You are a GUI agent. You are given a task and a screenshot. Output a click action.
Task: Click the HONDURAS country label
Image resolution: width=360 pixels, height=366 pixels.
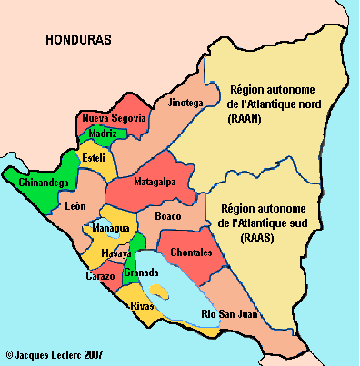click(78, 41)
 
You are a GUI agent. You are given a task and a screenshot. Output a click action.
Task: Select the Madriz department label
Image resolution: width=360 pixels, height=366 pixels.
click(103, 134)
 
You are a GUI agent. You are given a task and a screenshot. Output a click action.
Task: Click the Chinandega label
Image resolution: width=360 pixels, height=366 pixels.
click(41, 183)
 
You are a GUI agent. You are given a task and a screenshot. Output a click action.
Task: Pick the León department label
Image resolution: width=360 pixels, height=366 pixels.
click(76, 207)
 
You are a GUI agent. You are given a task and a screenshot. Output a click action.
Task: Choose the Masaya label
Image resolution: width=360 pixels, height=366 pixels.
click(115, 252)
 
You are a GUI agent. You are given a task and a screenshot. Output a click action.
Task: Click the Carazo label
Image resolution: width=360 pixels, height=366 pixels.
click(100, 275)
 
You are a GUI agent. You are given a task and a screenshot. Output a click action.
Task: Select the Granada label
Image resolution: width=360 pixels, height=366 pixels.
click(143, 272)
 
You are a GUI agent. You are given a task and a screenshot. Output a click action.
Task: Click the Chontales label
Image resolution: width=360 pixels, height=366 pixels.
click(192, 252)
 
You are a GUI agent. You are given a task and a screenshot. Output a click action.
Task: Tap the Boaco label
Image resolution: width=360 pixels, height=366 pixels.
click(168, 216)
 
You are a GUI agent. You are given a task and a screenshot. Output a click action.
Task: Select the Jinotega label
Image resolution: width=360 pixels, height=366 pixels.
click(185, 104)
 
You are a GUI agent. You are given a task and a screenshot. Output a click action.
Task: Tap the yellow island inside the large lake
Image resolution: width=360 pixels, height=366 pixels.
click(159, 291)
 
